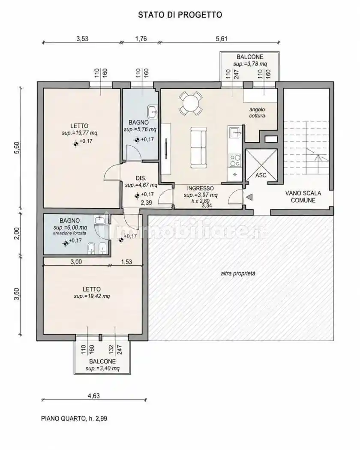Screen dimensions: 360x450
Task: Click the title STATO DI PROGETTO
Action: pyautogui.click(x=180, y=15)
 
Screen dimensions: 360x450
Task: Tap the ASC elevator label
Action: pyautogui.click(x=261, y=175)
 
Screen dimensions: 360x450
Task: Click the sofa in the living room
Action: pyautogui.click(x=199, y=148)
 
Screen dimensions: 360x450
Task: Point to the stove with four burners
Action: pyautogui.click(x=235, y=160)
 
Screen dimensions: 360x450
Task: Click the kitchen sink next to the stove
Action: pyautogui.click(x=235, y=133)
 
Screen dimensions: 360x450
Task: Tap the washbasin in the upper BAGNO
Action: pyautogui.click(x=153, y=111)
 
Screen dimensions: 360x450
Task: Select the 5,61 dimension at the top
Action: pyautogui.click(x=222, y=39)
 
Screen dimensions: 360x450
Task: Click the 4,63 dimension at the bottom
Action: pyautogui.click(x=93, y=396)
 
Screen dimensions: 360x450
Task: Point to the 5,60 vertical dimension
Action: pyautogui.click(x=17, y=148)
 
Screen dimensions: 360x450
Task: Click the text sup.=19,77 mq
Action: pyautogui.click(x=80, y=133)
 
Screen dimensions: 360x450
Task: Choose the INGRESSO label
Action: pyautogui.click(x=201, y=188)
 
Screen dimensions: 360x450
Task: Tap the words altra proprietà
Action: pyautogui.click(x=238, y=273)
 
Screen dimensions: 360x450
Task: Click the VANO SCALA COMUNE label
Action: pyautogui.click(x=303, y=197)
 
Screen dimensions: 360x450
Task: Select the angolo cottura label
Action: pyautogui.click(x=257, y=112)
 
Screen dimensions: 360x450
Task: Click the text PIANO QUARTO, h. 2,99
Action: pyautogui.click(x=74, y=418)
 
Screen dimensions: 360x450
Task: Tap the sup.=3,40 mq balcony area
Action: pyautogui.click(x=102, y=369)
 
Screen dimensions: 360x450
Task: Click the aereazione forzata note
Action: pyautogui.click(x=69, y=233)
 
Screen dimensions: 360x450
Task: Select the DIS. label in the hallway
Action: pyautogui.click(x=141, y=178)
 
